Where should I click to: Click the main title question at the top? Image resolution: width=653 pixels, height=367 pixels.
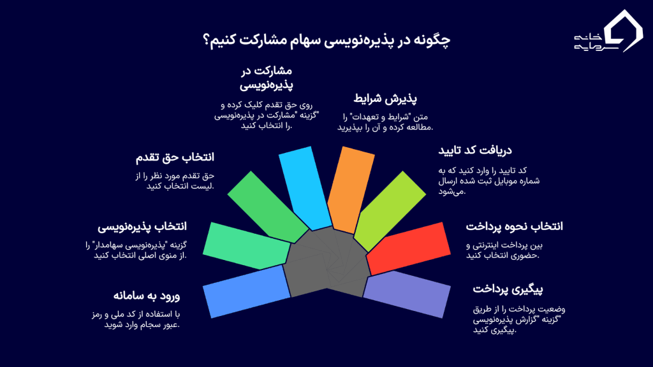(x=326, y=40)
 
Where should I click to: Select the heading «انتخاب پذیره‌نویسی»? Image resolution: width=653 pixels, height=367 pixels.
(x=142, y=227)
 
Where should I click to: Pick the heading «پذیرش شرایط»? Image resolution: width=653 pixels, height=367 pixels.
(x=385, y=99)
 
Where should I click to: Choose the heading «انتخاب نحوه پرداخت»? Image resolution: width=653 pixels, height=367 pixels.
(x=514, y=227)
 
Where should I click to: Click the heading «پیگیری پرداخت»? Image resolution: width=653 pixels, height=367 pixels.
(x=508, y=289)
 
